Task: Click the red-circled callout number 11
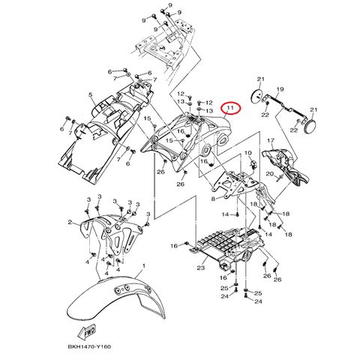pos(230,108)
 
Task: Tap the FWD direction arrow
pos(87,331)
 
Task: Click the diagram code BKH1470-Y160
pos(89,346)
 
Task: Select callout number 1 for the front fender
pos(143,266)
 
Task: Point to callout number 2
pos(70,222)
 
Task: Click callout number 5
pos(91,94)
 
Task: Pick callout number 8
pos(213,199)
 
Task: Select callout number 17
pos(271,141)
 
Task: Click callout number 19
pos(280,89)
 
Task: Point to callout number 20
pos(270,173)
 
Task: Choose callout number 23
pos(201,268)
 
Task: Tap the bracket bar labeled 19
pos(285,107)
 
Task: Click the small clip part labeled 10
pos(254,164)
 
